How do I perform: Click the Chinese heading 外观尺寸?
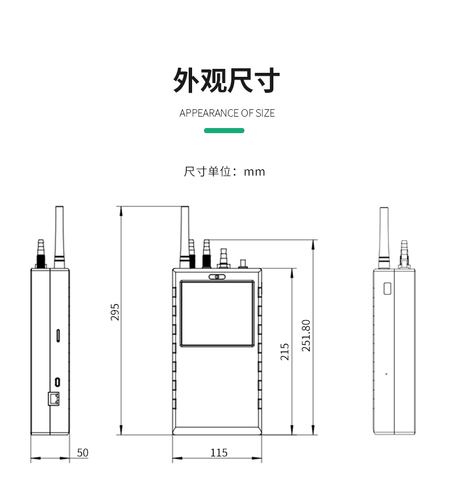tap(226, 80)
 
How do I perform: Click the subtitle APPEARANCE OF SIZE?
tap(227, 113)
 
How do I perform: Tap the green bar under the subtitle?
tap(224, 131)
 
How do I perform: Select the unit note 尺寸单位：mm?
tap(224, 171)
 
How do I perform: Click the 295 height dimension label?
tap(115, 312)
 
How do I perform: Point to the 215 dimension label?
tap(285, 351)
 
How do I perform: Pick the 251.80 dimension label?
tap(306, 335)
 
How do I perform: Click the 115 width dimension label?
tap(218, 453)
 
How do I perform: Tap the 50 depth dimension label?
tap(82, 453)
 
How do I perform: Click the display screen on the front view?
tap(217, 314)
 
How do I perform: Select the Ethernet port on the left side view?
tap(54, 398)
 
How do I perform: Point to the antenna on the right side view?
tap(384, 234)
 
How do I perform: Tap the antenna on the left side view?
tap(59, 234)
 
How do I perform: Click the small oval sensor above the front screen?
tap(217, 277)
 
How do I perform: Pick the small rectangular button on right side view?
tap(388, 288)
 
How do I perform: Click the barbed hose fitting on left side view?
tap(40, 251)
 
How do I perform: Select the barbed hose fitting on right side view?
tap(404, 252)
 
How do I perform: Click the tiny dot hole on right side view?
tap(386, 374)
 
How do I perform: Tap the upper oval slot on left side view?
tap(59, 335)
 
